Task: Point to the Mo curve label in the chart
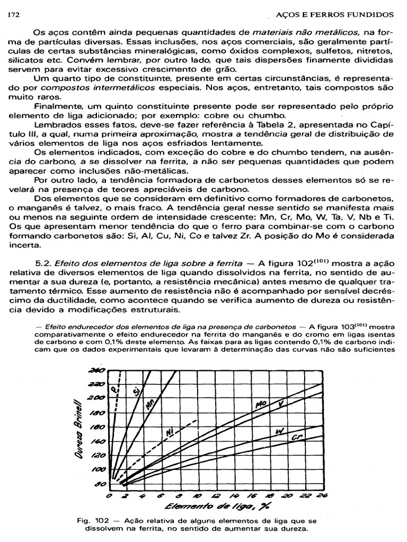261,405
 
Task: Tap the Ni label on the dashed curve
170,432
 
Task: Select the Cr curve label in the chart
297,438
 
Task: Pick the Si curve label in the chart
136,392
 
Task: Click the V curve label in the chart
281,404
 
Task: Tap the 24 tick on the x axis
322,496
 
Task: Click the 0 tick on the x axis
109,496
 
